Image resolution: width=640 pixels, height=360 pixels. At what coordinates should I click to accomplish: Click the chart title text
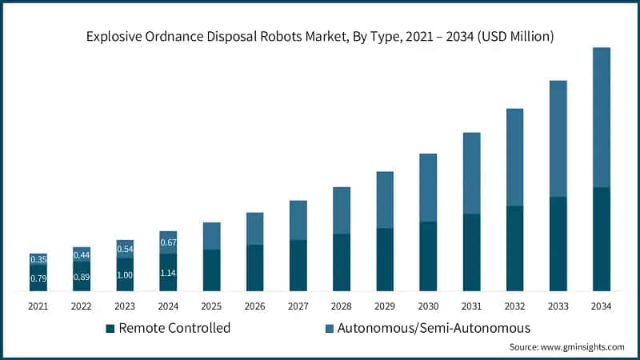[x=320, y=37]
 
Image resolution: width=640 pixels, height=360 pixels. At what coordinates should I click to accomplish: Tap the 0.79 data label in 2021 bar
[x=38, y=279]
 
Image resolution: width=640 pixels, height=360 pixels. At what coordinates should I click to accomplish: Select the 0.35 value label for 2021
[x=38, y=259]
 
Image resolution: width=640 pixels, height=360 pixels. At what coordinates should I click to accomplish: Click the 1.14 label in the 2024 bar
[x=168, y=273]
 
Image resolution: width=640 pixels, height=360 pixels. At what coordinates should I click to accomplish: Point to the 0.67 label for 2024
[x=168, y=242]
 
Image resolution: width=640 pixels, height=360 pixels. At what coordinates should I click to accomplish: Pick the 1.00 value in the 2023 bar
[x=125, y=275]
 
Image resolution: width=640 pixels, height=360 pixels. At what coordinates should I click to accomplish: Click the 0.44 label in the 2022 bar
[x=82, y=254]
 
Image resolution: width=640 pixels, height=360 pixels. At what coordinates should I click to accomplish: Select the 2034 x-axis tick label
[x=602, y=306]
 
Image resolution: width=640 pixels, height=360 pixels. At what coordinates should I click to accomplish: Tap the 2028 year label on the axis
[x=342, y=306]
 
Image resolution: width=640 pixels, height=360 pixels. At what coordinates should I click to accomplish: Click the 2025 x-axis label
[x=211, y=306]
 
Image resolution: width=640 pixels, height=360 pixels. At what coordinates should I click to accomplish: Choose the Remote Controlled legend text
[x=175, y=328]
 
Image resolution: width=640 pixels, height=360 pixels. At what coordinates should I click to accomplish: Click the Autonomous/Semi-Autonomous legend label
[x=434, y=328]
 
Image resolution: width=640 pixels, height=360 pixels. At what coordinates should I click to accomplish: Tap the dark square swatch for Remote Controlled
[x=111, y=328]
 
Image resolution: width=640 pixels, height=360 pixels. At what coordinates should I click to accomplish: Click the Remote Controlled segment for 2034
[x=602, y=239]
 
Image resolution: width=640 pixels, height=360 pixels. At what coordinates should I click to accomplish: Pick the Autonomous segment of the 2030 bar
[x=428, y=187]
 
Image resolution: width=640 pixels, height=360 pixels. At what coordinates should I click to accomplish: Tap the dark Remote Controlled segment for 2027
[x=298, y=265]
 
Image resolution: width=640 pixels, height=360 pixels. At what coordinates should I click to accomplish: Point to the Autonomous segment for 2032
[x=515, y=157]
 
